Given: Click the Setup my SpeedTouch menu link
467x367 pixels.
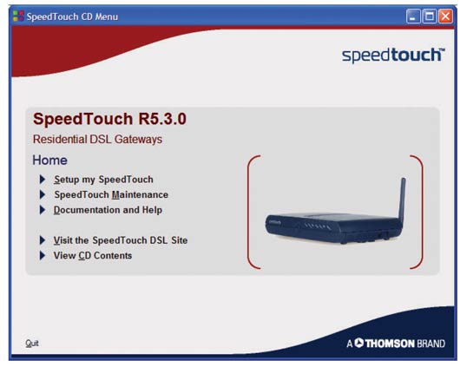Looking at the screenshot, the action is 103,180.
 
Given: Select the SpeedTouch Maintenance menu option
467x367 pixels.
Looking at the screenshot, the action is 111,194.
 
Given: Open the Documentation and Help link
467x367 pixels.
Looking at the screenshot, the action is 108,210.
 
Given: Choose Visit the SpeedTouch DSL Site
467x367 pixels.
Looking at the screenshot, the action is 121,240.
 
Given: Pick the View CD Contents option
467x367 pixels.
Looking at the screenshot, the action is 93,255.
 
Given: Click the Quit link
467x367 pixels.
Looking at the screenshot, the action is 32,344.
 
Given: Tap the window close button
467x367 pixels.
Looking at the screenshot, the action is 445,16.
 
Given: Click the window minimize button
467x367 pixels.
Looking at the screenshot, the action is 413,16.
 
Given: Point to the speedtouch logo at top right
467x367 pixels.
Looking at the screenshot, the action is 393,55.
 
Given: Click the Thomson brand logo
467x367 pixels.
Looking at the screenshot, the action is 396,344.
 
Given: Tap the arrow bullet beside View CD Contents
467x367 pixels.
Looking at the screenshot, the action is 43,255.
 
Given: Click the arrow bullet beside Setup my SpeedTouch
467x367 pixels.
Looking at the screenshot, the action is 43,180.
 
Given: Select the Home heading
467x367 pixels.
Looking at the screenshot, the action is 49,161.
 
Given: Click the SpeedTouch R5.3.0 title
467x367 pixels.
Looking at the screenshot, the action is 109,119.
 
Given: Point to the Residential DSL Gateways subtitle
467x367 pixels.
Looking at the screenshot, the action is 97,140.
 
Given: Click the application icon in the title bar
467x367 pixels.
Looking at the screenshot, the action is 18,16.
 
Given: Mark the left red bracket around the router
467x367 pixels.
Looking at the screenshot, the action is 248,212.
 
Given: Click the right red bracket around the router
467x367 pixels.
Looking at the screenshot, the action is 422,212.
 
